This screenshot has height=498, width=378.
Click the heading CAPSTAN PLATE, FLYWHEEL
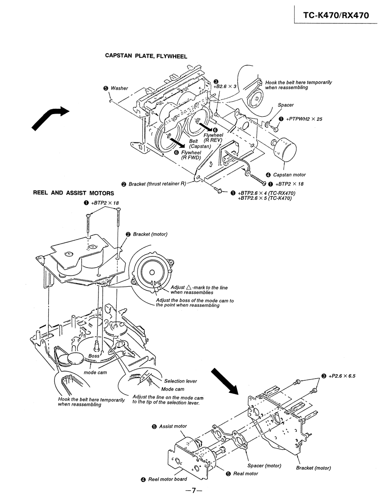pos(146,56)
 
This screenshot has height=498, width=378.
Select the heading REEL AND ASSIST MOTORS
pos(74,193)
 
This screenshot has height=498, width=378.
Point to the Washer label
pos(119,88)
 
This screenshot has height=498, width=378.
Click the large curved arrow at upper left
pos(50,117)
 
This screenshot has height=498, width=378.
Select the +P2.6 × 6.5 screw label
pos(344,376)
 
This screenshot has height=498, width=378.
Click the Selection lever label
pos(181,381)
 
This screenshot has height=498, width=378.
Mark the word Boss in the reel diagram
pos(93,356)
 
